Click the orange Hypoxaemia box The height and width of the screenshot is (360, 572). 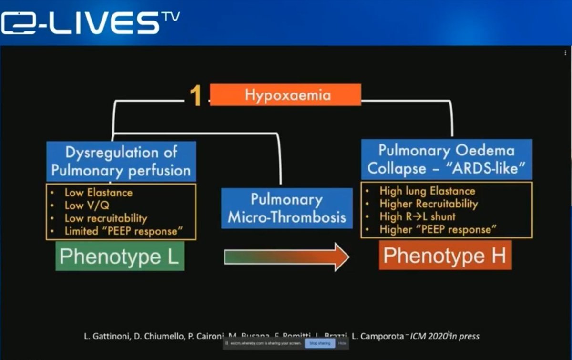(285, 94)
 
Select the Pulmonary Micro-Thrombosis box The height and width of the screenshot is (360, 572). (286, 208)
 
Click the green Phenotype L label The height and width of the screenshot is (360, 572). (120, 257)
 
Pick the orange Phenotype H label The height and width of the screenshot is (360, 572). (445, 256)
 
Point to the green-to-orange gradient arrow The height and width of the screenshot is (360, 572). (286, 257)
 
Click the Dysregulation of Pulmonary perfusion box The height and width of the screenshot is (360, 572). (121, 161)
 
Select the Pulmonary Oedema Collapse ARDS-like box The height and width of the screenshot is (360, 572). (447, 159)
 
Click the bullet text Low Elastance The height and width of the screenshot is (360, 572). (98, 193)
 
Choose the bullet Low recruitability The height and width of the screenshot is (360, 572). (106, 218)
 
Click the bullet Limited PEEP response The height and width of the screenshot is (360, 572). (123, 232)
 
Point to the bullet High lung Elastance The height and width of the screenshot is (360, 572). (427, 191)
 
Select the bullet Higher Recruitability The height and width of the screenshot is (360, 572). (429, 204)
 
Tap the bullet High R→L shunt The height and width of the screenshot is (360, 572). (418, 216)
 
